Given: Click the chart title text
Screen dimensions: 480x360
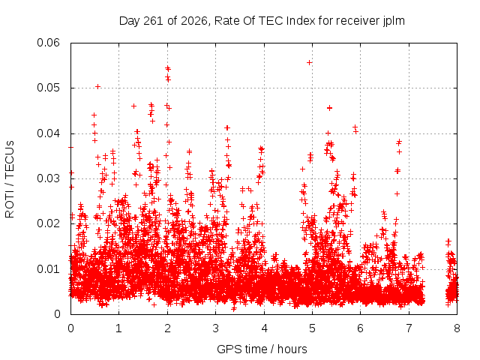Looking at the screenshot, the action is [262, 21].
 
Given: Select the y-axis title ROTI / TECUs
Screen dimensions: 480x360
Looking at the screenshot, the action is [10, 179].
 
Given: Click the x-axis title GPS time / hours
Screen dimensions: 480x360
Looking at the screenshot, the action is [262, 349].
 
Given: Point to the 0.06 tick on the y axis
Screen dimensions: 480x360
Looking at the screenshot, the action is [48, 43].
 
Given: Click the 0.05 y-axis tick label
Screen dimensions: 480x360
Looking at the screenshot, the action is [48, 88].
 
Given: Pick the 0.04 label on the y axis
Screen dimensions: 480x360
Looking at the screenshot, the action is [48, 133].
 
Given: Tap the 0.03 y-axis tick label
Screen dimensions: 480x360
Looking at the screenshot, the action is [48, 178].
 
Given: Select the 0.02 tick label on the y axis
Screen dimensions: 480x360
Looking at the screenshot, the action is [48, 223].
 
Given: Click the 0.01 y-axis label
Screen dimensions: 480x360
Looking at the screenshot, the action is [48, 269].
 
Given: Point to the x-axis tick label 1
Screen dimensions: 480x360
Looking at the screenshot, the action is [118, 328].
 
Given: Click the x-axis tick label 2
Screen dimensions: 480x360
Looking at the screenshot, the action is [167, 328].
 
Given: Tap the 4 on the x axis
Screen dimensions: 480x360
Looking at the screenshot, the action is [264, 328].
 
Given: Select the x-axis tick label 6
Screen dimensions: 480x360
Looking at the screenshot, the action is [360, 328].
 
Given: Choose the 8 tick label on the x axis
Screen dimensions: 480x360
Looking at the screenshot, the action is [457, 328].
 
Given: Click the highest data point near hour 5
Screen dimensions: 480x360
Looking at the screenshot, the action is [309, 63].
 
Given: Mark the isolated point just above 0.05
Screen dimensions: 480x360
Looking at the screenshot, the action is [97, 87].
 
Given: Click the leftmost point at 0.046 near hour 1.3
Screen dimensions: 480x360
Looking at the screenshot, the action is [133, 106].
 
